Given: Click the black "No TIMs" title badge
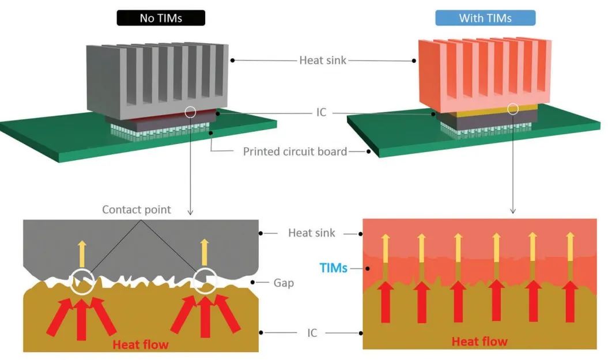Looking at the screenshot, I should (161, 18).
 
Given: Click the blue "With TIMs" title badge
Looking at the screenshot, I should (485, 18).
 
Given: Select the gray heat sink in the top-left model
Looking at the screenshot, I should (156, 75).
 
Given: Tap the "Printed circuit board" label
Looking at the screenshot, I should (294, 152).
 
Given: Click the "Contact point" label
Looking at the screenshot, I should (137, 210).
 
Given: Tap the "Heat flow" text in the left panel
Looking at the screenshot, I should (141, 344).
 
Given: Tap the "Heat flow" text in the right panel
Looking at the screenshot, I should (479, 342).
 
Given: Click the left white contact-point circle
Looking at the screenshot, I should (82, 282).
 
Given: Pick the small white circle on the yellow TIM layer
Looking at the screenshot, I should (512, 108).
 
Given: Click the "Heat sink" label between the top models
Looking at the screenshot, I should (323, 60).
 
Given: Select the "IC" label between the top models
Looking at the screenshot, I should (322, 112).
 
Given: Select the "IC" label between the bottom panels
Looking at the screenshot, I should (312, 333).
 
